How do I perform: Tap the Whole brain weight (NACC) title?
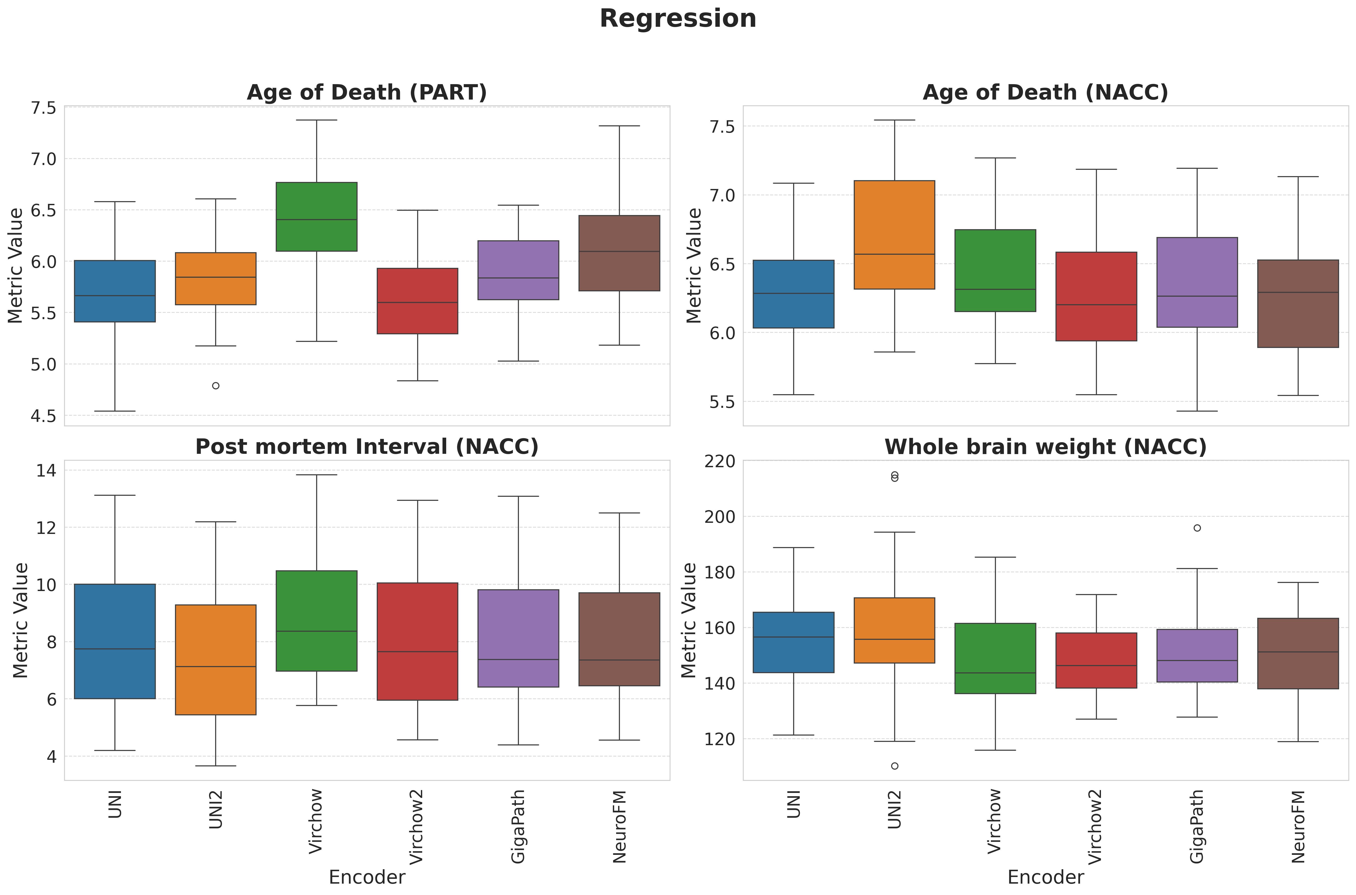pyautogui.click(x=1045, y=447)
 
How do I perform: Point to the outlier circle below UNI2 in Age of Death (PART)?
pyautogui.click(x=216, y=386)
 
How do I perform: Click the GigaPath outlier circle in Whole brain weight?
pyautogui.click(x=1197, y=528)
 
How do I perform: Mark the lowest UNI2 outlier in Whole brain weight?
pyautogui.click(x=894, y=766)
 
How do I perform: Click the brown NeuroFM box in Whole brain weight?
pyautogui.click(x=1298, y=653)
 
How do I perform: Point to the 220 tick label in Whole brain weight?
pyautogui.click(x=720, y=461)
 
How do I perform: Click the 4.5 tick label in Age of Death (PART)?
pyautogui.click(x=43, y=416)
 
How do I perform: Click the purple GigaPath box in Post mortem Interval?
pyautogui.click(x=518, y=638)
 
